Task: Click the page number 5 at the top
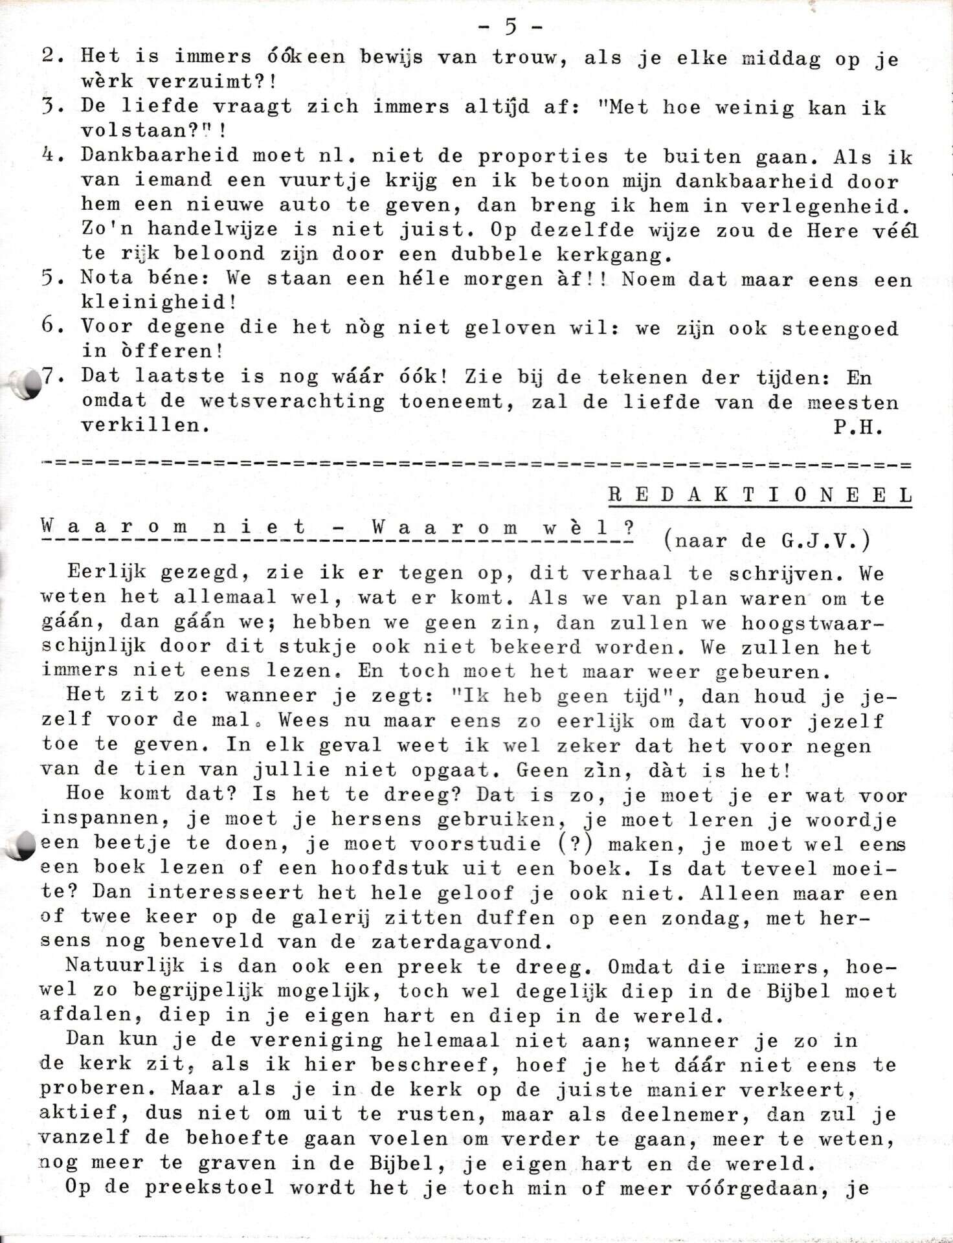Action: coord(510,27)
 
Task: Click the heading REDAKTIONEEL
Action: coord(760,495)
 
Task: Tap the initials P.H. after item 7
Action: coord(858,427)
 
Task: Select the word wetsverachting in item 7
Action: coord(292,401)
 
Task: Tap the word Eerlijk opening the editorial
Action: coord(106,573)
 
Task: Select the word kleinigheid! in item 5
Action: coord(159,302)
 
